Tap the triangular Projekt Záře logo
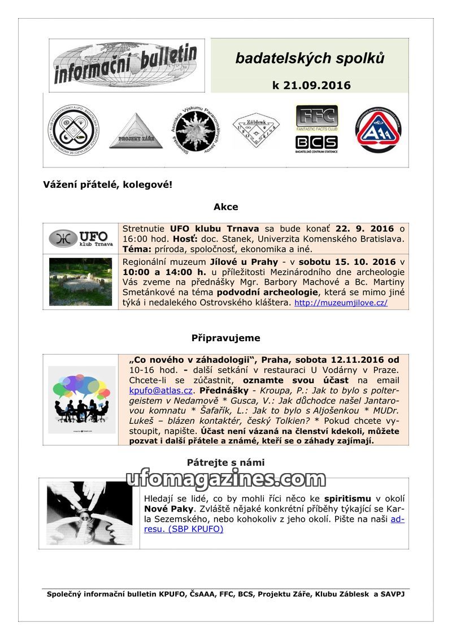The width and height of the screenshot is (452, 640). tap(136, 131)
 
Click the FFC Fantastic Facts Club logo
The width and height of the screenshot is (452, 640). tap(316, 118)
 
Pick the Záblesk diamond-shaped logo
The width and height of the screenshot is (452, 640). tap(256, 131)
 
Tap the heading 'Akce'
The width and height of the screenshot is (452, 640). tap(226, 207)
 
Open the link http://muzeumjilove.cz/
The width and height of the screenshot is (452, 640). tap(341, 303)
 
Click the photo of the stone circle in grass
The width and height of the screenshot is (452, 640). tap(81, 281)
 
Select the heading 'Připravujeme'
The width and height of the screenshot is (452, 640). tap(226, 338)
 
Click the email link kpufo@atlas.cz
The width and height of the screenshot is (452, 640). tap(161, 390)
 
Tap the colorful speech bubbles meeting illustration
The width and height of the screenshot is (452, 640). tap(81, 398)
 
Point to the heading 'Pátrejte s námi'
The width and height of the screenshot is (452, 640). tap(226, 462)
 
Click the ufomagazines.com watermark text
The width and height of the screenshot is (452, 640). tap(226, 479)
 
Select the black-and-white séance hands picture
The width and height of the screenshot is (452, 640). tap(89, 513)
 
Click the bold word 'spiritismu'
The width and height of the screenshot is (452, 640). tap(347, 499)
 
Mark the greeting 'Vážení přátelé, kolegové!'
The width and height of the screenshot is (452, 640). tap(107, 185)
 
